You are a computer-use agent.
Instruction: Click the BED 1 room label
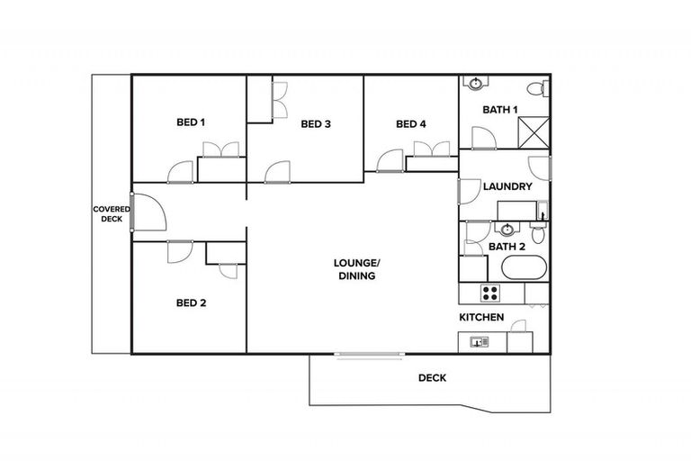point(190,122)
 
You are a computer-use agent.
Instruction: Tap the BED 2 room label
point(191,303)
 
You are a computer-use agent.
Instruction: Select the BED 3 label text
point(316,124)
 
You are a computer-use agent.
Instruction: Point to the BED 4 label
point(410,124)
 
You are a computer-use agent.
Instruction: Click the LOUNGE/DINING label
point(357,269)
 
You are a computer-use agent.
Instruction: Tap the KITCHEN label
point(481,318)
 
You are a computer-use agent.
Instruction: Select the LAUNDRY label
point(507,187)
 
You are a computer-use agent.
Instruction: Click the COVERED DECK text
point(111,213)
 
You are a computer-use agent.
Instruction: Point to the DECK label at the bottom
point(432,378)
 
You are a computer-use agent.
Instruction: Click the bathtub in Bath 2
point(522,268)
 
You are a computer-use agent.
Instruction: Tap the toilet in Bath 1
point(536,88)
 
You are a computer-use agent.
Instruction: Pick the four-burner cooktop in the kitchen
point(490,293)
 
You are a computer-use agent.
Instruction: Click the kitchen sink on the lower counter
point(478,342)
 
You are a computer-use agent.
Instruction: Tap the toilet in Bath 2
point(538,234)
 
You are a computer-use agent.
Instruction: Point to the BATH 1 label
point(500,110)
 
